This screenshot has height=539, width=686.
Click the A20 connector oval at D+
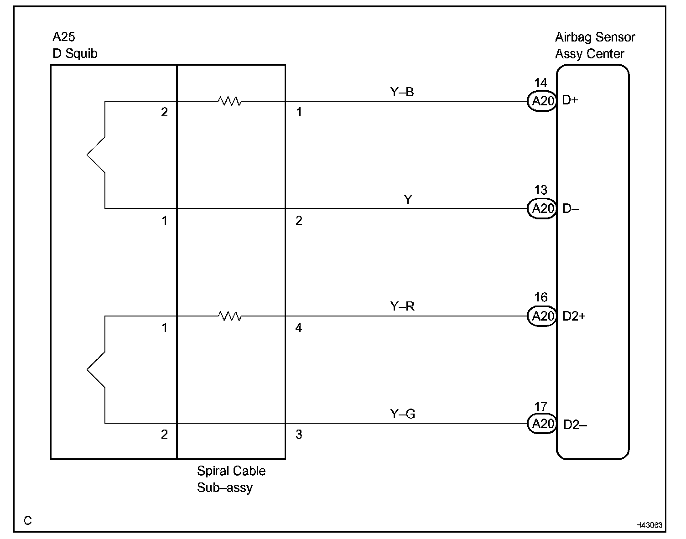coord(542,101)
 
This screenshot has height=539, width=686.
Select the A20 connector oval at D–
coord(542,208)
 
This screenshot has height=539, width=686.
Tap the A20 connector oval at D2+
coord(542,316)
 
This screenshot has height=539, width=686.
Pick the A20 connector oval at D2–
coord(542,424)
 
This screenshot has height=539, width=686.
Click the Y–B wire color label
coord(402,93)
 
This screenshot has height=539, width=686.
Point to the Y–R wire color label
coord(402,306)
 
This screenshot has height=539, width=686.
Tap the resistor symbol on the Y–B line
coord(230,101)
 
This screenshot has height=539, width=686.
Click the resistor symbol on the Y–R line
coord(230,316)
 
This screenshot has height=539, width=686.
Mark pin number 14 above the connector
coord(540,83)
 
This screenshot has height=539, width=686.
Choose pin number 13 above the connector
coord(540,190)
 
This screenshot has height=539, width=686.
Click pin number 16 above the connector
coord(540,298)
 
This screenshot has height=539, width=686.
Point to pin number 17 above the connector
coord(540,406)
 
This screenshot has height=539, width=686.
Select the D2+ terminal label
coord(574,316)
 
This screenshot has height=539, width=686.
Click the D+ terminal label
coord(570,100)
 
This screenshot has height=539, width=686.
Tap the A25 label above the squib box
coord(64,37)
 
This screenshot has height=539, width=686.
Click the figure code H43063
coord(649,525)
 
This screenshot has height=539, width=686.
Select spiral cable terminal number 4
coord(299,328)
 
